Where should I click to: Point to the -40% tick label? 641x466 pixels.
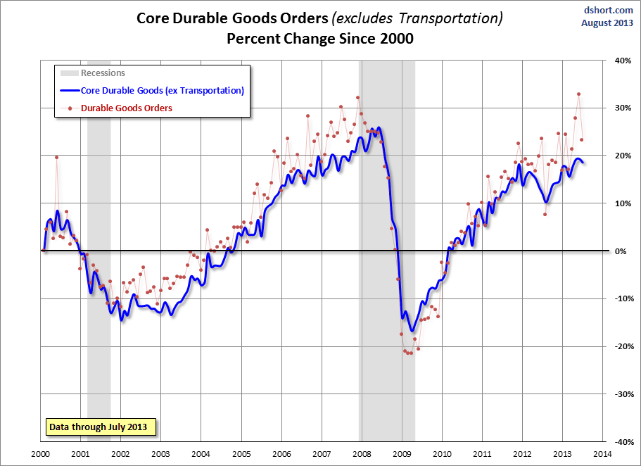[623, 442]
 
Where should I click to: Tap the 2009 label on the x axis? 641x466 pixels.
[402, 455]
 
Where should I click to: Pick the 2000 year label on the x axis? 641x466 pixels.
[40, 455]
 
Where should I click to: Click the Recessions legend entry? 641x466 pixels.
[103, 73]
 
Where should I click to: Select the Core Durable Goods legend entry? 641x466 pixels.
[162, 90]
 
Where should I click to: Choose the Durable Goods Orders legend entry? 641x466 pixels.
[127, 108]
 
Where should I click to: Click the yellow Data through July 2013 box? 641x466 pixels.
[102, 427]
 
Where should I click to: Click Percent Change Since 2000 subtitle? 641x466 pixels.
[319, 39]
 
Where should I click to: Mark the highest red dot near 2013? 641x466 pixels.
[578, 94]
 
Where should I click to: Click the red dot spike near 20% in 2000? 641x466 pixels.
[56, 158]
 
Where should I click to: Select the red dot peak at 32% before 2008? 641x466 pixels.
[357, 98]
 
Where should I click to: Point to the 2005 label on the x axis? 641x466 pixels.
[241, 455]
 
